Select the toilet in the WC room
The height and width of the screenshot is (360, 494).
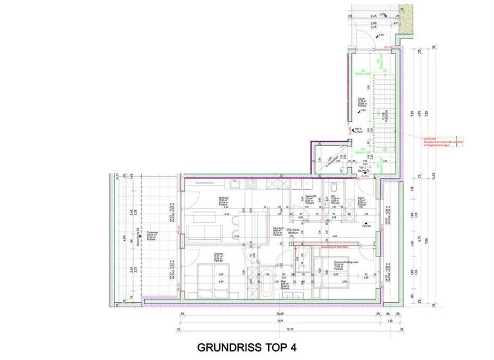coord(334,187)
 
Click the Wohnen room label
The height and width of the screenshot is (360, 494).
coord(223,200)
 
